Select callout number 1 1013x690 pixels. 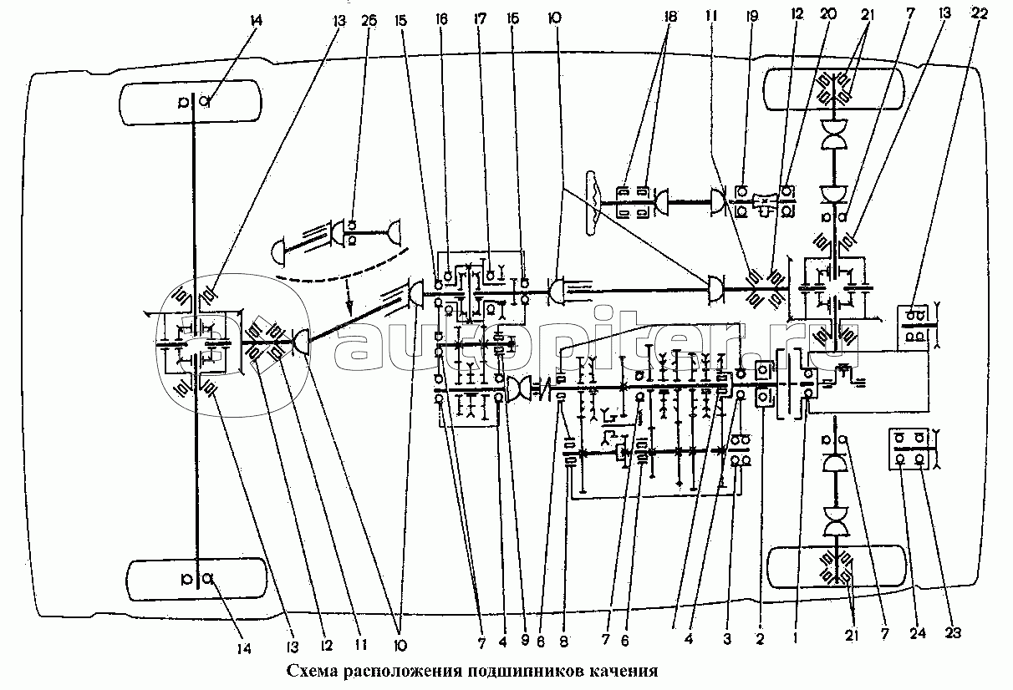coord(796,637)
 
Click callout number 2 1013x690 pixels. coord(761,639)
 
